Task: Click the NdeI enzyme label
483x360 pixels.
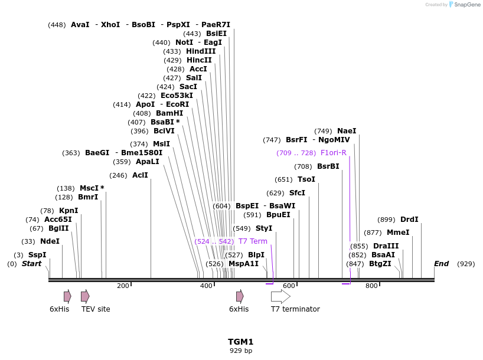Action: pos(50,241)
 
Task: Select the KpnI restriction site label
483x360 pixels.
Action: pos(68,211)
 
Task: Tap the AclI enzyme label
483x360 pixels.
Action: pos(140,175)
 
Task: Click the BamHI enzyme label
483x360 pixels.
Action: pos(169,113)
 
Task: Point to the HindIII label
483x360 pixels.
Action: pos(201,51)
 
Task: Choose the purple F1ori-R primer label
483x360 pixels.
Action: pos(333,153)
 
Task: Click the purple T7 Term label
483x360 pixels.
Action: pos(253,241)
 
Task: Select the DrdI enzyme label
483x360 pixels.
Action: pos(409,220)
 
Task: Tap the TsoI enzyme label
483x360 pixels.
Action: pos(306,179)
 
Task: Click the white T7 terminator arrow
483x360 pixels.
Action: pos(280,296)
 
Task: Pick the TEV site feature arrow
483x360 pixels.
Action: pos(85,296)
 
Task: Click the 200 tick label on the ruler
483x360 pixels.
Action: pos(123,286)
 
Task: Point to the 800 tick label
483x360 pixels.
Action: pos(371,286)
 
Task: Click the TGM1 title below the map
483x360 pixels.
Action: pos(241,342)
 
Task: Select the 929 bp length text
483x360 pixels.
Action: pos(241,351)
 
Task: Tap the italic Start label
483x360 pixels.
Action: pos(32,264)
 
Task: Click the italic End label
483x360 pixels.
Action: pos(442,264)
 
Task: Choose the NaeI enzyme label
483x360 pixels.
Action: pos(347,131)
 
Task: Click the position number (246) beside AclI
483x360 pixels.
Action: pos(119,175)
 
